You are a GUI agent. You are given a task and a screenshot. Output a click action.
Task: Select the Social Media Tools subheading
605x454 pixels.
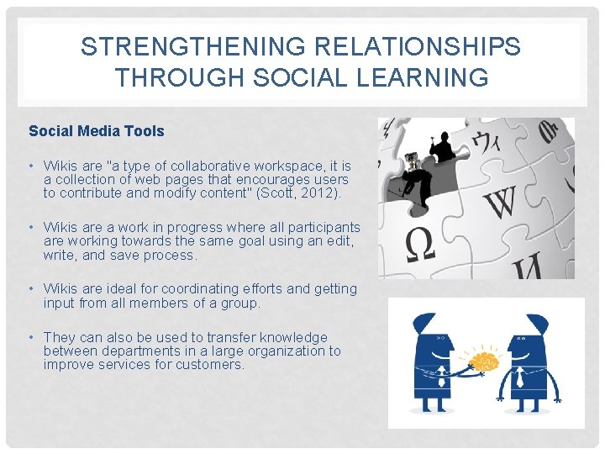[x=97, y=131]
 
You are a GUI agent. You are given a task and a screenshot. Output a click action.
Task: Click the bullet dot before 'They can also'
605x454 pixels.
[x=31, y=337]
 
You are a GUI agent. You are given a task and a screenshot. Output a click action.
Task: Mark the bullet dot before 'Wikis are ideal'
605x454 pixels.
[x=31, y=288]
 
